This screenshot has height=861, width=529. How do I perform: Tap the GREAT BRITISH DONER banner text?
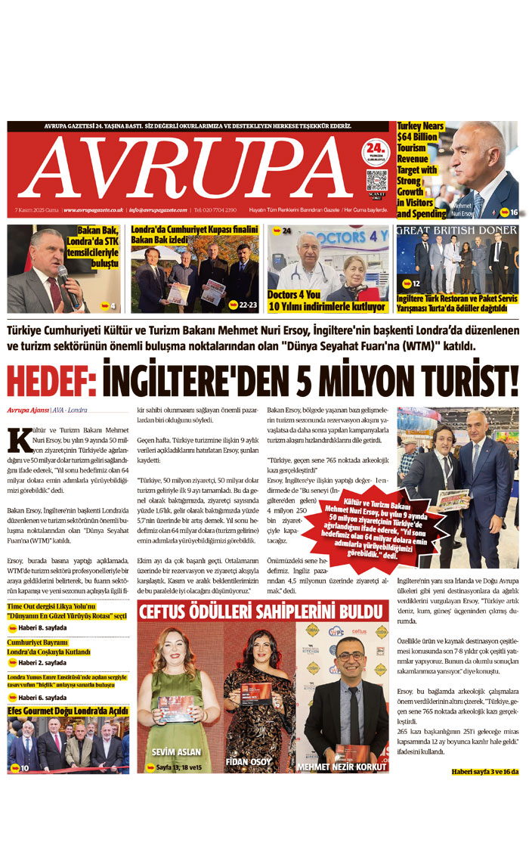coord(456,230)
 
